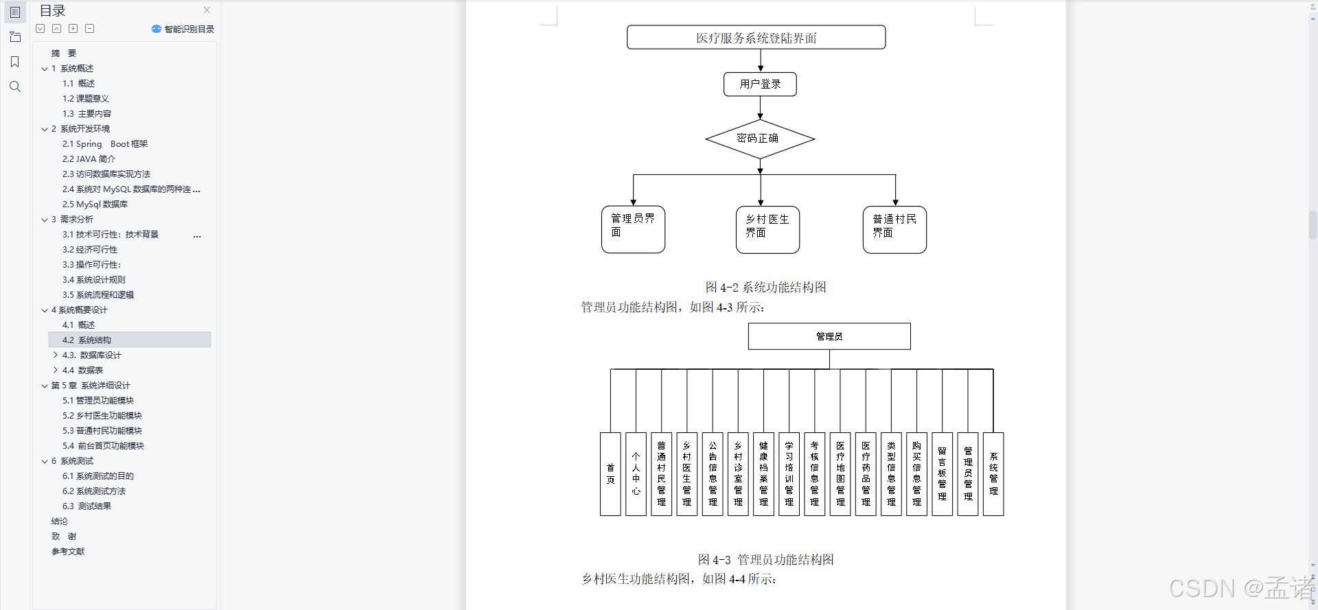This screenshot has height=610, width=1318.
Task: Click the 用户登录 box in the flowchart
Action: pyautogui.click(x=760, y=84)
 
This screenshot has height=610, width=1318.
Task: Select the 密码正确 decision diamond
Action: pyautogui.click(x=759, y=139)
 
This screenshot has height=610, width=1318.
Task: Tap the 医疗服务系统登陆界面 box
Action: pyautogui.click(x=756, y=38)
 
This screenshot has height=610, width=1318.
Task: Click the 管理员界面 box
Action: pyautogui.click(x=633, y=229)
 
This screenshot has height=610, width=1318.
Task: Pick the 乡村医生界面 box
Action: pyautogui.click(x=767, y=229)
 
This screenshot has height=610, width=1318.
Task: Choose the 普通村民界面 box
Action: pyautogui.click(x=894, y=229)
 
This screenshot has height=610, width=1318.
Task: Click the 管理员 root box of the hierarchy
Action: pyautogui.click(x=829, y=336)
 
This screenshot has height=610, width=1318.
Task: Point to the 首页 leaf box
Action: pyautogui.click(x=610, y=474)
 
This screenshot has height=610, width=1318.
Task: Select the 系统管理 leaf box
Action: pyautogui.click(x=993, y=474)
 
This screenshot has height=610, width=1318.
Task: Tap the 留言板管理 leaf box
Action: pyautogui.click(x=942, y=474)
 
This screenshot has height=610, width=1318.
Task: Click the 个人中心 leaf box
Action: pyautogui.click(x=636, y=474)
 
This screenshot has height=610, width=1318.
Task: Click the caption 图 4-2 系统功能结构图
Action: pyautogui.click(x=765, y=288)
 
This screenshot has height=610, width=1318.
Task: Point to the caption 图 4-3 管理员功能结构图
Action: pyautogui.click(x=765, y=560)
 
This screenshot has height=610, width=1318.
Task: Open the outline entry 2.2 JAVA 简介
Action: pyautogui.click(x=89, y=159)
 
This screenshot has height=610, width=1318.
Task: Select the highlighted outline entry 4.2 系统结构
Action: pyautogui.click(x=86, y=340)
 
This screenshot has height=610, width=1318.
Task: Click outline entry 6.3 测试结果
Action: pyautogui.click(x=86, y=506)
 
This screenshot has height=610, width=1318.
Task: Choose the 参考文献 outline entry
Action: pyautogui.click(x=68, y=552)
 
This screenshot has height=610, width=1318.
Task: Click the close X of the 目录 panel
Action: pyautogui.click(x=207, y=10)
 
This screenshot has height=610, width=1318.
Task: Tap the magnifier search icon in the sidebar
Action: pyautogui.click(x=15, y=86)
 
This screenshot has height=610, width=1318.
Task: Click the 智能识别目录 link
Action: pyautogui.click(x=183, y=29)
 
